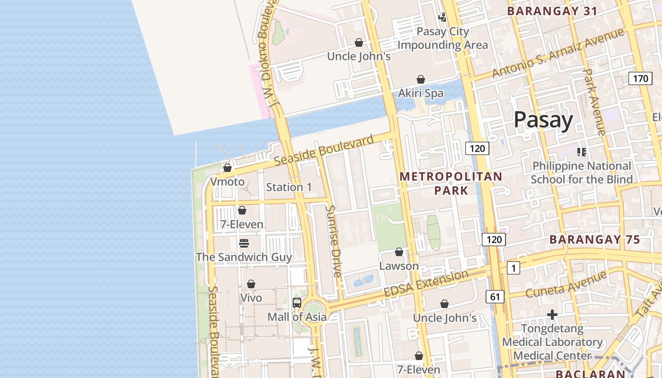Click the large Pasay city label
pyautogui.click(x=543, y=120)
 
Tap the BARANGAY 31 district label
pyautogui.click(x=552, y=11)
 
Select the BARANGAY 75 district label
pyautogui.click(x=595, y=240)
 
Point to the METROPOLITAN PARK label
pyautogui.click(x=451, y=183)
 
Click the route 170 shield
pyautogui.click(x=640, y=78)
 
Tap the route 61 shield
pyautogui.click(x=495, y=297)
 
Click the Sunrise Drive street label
pyautogui.click(x=334, y=241)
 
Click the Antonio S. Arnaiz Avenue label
pyautogui.click(x=558, y=53)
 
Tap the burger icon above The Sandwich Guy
pyautogui.click(x=244, y=243)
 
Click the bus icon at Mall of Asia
pyautogui.click(x=297, y=303)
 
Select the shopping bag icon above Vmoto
pyautogui.click(x=227, y=168)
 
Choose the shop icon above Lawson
pyautogui.click(x=399, y=252)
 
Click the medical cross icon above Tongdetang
pyautogui.click(x=552, y=315)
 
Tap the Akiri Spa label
pyautogui.click(x=421, y=93)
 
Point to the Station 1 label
pyautogui.click(x=289, y=187)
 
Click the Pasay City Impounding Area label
pyautogui.click(x=442, y=38)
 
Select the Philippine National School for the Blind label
pyautogui.click(x=582, y=172)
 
